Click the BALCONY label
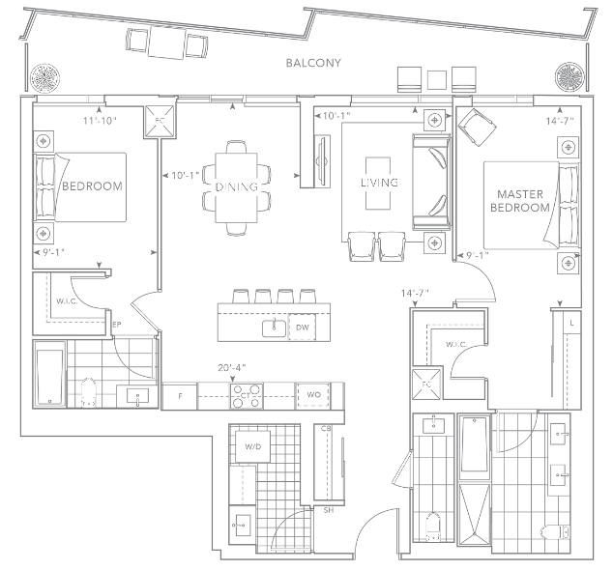pos(313,63)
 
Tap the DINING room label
pos(237,186)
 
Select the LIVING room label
pos(379,183)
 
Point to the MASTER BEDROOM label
pos(520,200)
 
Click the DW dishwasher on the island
pos(303,328)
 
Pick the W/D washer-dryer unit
pos(252,446)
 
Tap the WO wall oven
pos(313,395)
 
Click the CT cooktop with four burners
pos(246,396)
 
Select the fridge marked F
pos(180,396)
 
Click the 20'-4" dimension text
pos(232,368)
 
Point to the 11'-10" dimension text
pos(101,121)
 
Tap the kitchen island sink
pos(274,328)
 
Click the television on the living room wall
pos(323,161)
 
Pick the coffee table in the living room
pos(378,184)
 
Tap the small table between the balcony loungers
pos(437,79)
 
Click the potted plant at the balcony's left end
pos(45,77)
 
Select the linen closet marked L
pos(571,323)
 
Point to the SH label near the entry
pos(329,510)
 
